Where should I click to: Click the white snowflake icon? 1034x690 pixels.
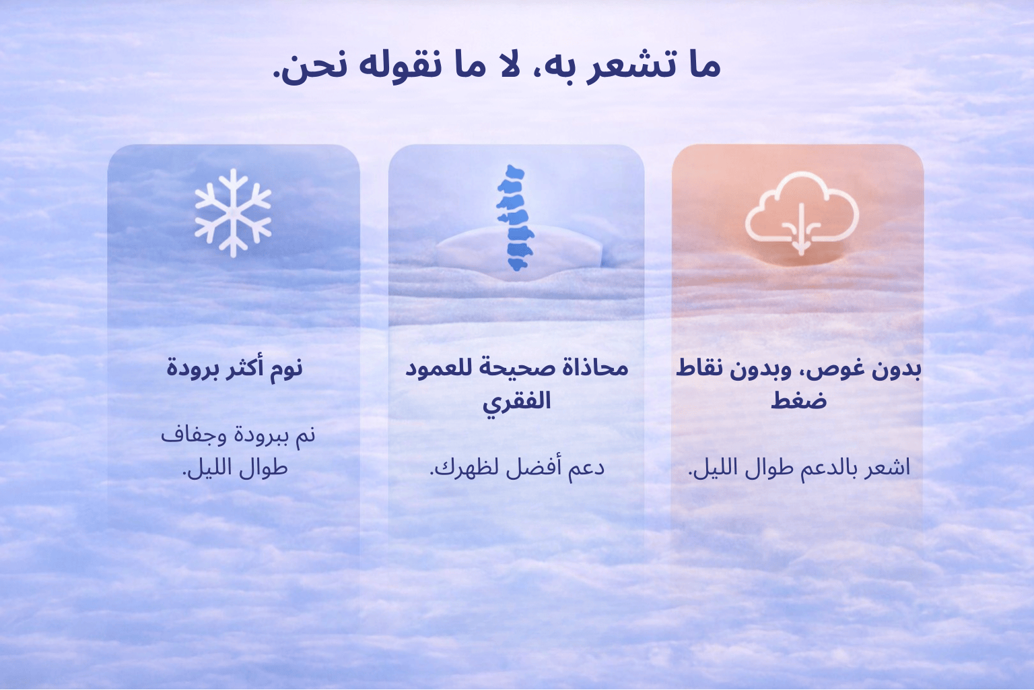click(x=233, y=212)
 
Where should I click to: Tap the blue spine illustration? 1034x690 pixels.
click(x=515, y=218)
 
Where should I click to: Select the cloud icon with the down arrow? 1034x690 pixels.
click(x=802, y=213)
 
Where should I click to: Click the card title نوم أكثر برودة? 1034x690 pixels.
click(x=234, y=369)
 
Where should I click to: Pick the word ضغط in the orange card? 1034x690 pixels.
click(x=798, y=400)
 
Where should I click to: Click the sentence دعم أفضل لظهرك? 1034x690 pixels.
click(x=517, y=468)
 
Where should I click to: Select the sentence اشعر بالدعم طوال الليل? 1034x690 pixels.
click(x=799, y=468)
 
